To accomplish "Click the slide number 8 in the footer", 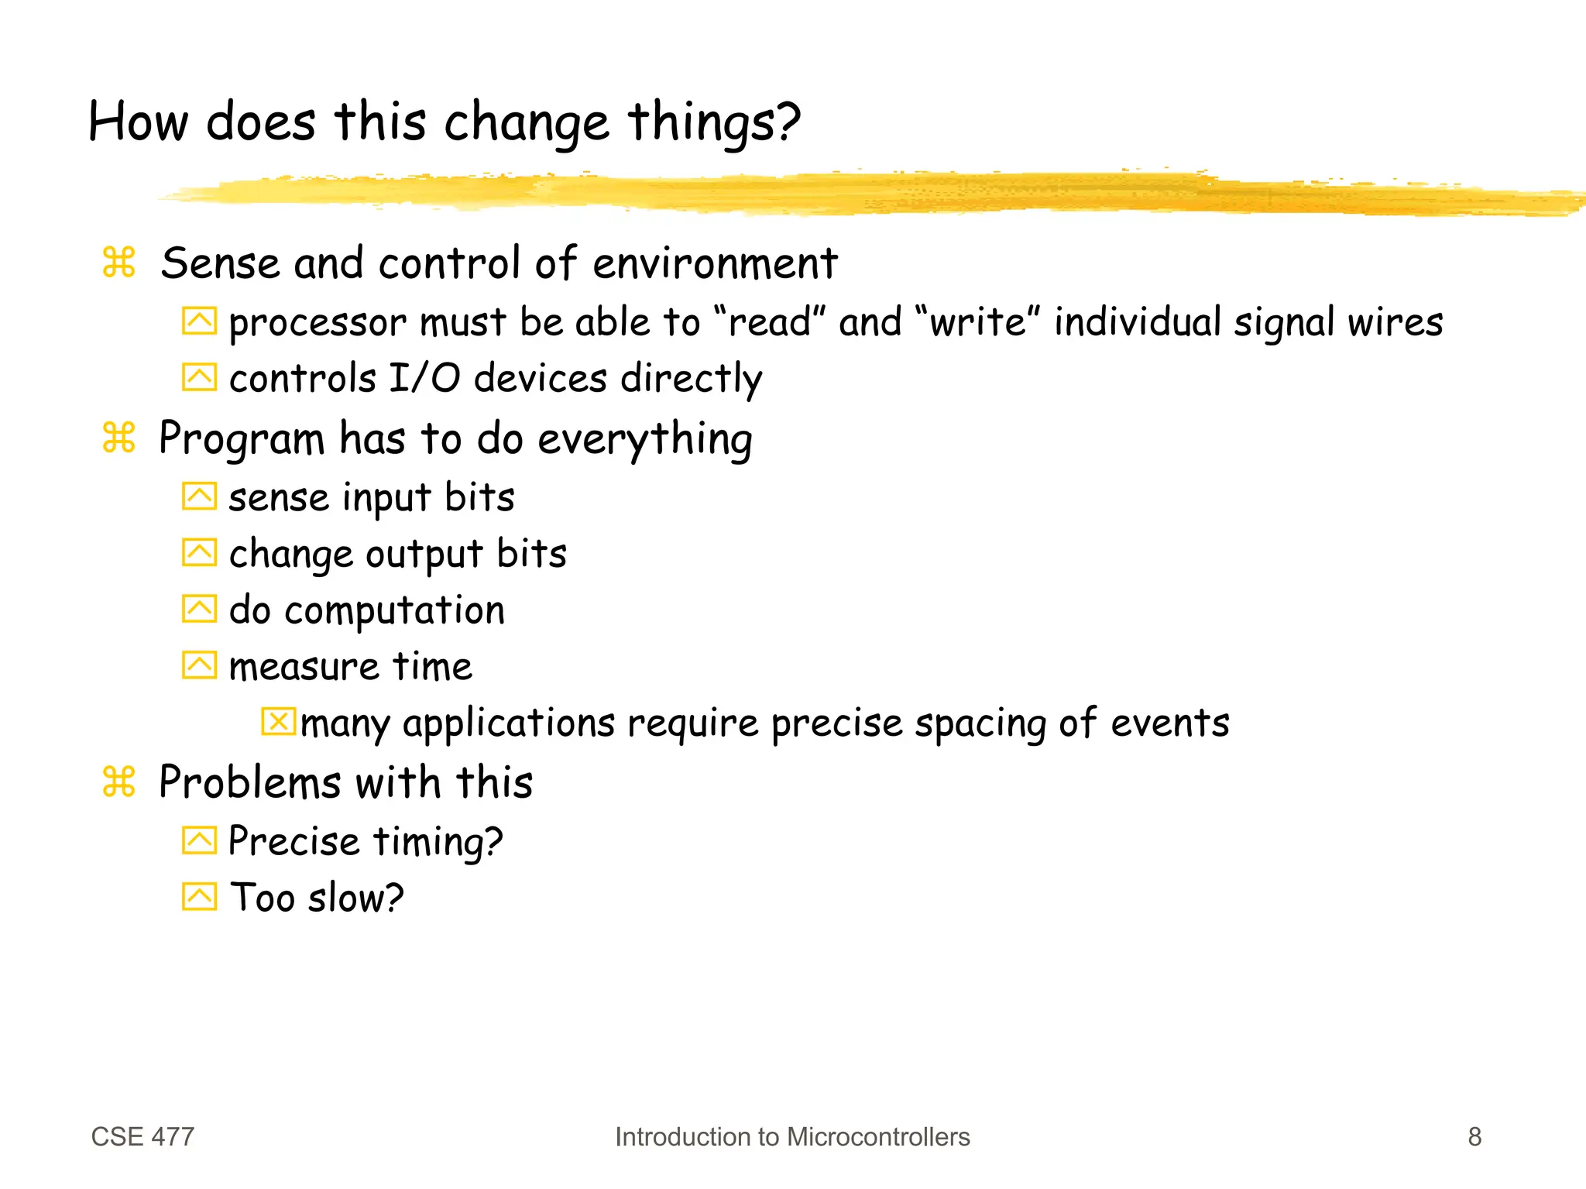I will (x=1474, y=1136).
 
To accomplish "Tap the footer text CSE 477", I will (x=142, y=1136).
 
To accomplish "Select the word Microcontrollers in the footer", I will (x=878, y=1136).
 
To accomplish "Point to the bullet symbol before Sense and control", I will (x=118, y=262).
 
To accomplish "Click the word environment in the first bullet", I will (x=715, y=263).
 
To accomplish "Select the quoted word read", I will (x=770, y=322).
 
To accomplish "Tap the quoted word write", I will (x=977, y=322).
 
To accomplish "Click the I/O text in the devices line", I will (x=424, y=379).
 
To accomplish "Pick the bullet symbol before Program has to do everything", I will (x=118, y=438).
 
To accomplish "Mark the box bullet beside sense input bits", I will (x=199, y=497).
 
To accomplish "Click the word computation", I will (x=395, y=611).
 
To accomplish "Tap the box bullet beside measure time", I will (x=199, y=665).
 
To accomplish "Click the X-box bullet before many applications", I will (x=278, y=721).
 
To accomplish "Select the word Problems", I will (x=249, y=782).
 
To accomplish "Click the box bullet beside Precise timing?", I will (x=199, y=840).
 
